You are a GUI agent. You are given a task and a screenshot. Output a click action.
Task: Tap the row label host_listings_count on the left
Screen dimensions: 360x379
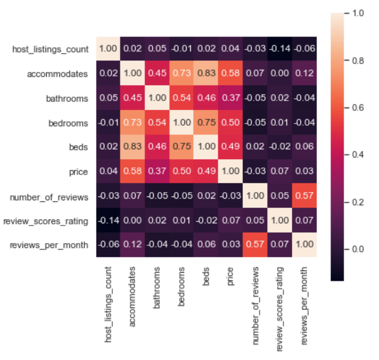pos(50,49)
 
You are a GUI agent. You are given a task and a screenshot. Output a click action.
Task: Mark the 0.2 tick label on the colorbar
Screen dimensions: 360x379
pos(358,201)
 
